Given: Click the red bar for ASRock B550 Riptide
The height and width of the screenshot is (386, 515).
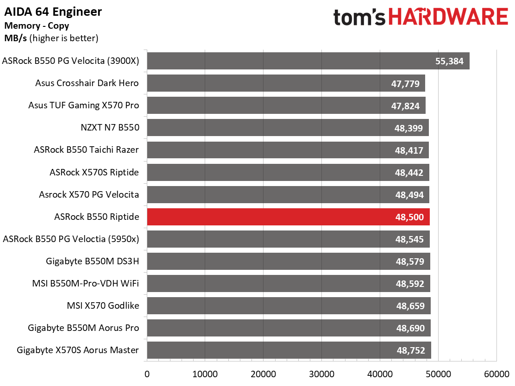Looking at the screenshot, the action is (x=289, y=217).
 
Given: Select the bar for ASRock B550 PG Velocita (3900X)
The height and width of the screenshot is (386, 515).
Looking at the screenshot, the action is (x=308, y=61).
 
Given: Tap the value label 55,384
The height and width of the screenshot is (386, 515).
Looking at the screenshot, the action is (x=449, y=61).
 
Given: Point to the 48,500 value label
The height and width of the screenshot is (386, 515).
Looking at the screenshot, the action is (x=409, y=217).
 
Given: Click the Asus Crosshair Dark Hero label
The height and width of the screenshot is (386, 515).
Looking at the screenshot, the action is (x=87, y=83).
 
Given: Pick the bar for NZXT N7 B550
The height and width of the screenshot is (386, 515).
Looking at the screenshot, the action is (x=288, y=128).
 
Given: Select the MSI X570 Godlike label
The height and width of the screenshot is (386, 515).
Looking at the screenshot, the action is (x=103, y=305).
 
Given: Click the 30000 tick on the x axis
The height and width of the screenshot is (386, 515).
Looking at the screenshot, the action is (x=321, y=374).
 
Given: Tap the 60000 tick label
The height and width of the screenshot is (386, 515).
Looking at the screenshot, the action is (x=496, y=374).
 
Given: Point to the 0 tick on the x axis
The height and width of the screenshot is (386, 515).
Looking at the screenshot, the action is (x=147, y=374).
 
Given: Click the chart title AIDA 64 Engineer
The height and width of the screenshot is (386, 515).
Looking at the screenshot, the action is (x=53, y=12).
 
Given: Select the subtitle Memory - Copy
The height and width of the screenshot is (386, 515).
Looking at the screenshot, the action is (x=37, y=25).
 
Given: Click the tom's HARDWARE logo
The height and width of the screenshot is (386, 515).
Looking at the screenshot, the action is (x=421, y=17).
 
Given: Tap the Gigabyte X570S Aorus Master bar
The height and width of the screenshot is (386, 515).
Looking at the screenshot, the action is (x=289, y=350).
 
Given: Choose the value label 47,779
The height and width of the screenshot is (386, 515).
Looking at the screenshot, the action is (x=405, y=84).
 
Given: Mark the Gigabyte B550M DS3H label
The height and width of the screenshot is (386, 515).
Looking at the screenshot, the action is (x=93, y=261).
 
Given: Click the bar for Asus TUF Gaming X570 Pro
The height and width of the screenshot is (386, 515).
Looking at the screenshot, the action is (x=286, y=106).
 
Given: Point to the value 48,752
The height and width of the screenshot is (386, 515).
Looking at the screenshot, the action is (x=411, y=350).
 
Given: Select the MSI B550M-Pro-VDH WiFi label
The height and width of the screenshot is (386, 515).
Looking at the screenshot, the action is (x=86, y=283).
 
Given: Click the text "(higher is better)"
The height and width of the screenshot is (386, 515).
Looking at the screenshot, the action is (x=64, y=38).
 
